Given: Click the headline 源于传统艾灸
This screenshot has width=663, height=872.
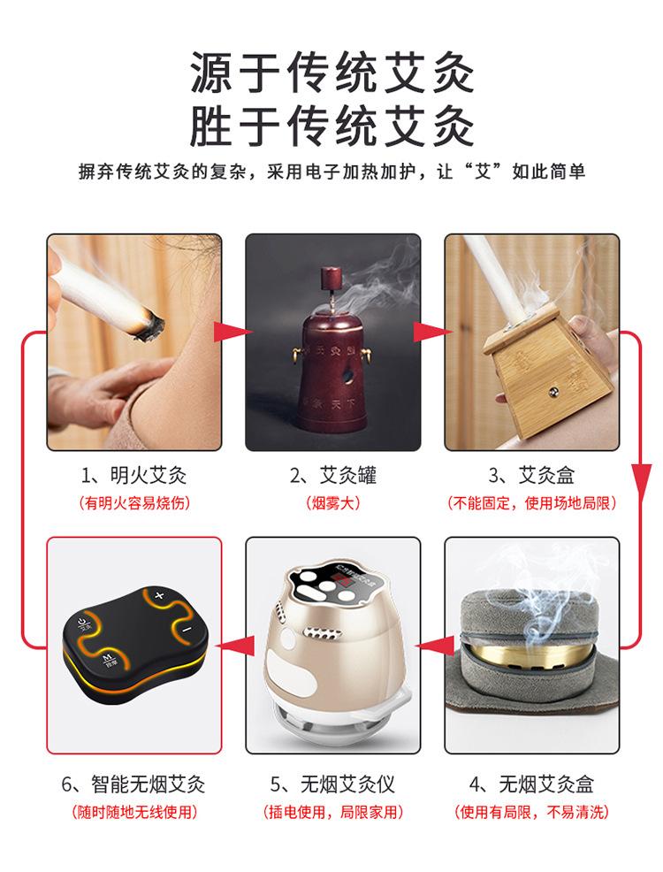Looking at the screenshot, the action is click(331, 73).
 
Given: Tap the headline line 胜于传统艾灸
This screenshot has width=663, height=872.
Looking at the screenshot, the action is click(331, 126).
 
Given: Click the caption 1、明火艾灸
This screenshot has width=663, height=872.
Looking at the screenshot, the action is click(134, 476).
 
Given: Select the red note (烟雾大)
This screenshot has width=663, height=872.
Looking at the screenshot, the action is click(333, 503).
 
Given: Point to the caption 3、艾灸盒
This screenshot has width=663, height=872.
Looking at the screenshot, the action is click(531, 476).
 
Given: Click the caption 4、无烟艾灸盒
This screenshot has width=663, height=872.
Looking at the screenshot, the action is click(531, 784).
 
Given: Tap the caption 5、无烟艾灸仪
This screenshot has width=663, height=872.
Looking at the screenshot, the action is click(332, 784).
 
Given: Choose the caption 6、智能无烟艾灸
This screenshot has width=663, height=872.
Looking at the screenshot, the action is click(134, 784).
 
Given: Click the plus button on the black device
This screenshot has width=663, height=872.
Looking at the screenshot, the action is click(159, 595).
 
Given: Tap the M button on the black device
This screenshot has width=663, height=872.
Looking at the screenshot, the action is click(108, 660).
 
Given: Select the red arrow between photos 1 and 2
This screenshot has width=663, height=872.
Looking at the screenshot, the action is click(232, 332).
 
